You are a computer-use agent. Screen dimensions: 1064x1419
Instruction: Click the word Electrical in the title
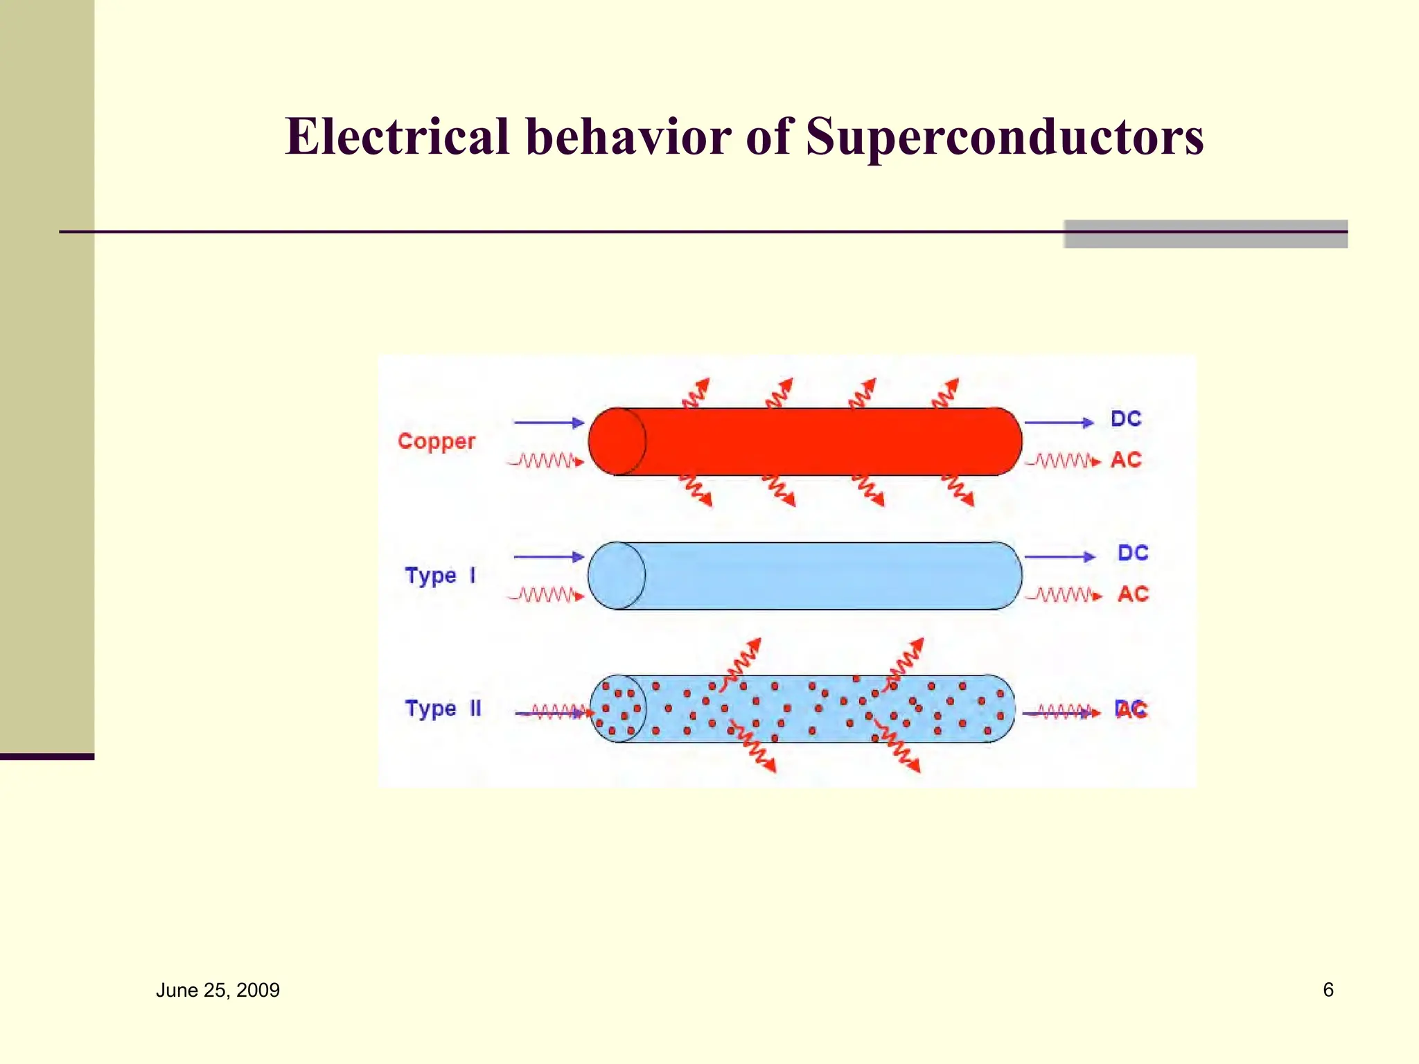tap(398, 136)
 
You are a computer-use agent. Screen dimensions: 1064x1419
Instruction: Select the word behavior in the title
tap(628, 136)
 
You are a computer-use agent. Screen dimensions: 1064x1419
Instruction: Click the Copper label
tap(437, 442)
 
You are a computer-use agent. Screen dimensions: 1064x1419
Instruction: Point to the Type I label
tap(440, 576)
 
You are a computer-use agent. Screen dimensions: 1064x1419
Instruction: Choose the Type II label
tap(443, 709)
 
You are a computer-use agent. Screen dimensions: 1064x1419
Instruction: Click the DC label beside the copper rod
tap(1126, 418)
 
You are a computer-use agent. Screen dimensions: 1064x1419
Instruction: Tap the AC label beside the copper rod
tap(1126, 460)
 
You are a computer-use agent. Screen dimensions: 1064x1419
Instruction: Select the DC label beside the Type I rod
tap(1133, 553)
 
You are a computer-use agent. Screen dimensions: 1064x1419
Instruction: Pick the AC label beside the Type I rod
tap(1133, 594)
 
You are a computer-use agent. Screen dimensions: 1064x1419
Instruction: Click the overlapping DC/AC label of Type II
tap(1131, 709)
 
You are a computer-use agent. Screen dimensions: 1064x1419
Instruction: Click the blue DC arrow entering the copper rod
tap(549, 422)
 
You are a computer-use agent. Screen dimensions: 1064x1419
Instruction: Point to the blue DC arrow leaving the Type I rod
tap(1059, 556)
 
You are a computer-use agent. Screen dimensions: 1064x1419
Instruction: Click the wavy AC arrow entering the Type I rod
tap(547, 595)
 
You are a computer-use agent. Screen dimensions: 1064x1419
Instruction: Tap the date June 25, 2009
tap(218, 990)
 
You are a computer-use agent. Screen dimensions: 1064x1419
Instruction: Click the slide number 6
tap(1328, 989)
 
